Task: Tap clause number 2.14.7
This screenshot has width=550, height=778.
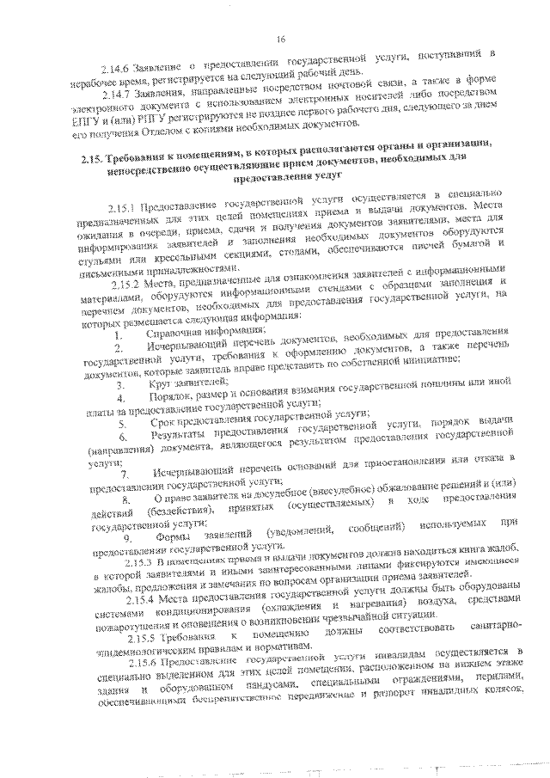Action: pos(118,94)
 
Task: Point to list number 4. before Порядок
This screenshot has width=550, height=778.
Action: pos(123,398)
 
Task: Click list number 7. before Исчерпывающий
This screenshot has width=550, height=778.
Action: pos(124,475)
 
